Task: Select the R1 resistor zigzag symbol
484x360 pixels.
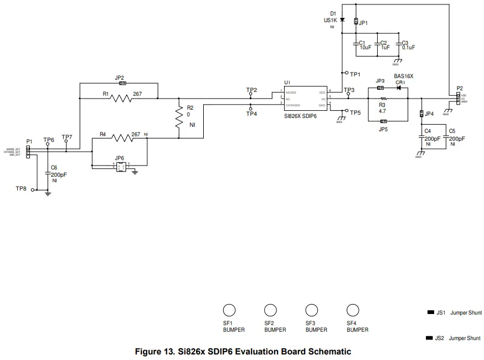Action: coord(120,99)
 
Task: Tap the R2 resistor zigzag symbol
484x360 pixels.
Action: coord(179,117)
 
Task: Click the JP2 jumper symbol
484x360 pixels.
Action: coord(122,84)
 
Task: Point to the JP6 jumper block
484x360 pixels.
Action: coord(121,166)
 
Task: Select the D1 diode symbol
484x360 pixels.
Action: coord(342,20)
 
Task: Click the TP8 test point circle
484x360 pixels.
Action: coord(33,190)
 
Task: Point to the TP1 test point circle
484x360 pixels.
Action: coord(346,73)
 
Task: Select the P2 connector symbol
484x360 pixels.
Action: coord(458,99)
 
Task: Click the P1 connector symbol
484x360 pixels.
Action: coord(28,152)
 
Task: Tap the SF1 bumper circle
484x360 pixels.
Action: coord(229,310)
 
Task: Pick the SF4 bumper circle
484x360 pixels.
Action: coord(352,310)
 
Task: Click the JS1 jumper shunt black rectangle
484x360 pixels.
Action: coord(430,313)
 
